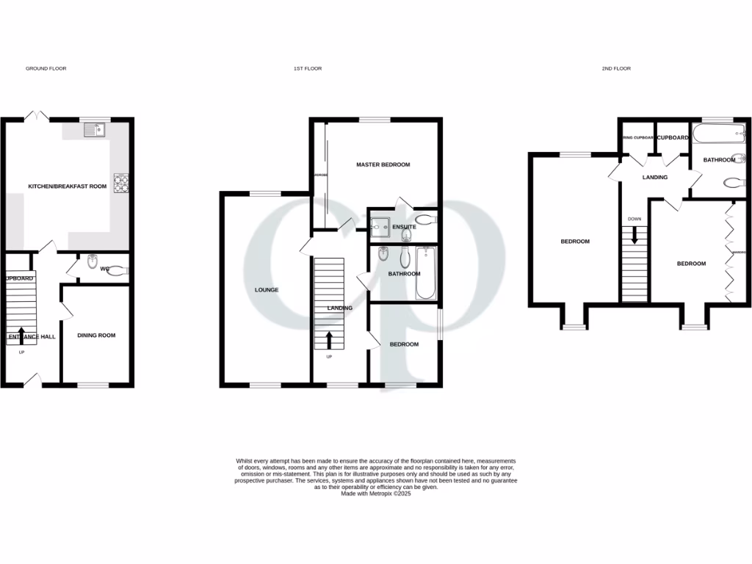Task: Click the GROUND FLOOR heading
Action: (46, 68)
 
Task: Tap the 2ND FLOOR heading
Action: (616, 68)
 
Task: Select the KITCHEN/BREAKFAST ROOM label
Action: (68, 187)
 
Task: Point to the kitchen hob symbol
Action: (120, 182)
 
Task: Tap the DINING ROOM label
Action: (97, 336)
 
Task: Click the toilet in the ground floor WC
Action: (118, 270)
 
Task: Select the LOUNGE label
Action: (267, 290)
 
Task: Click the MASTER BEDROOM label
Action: (383, 164)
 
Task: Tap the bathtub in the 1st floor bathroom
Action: (427, 273)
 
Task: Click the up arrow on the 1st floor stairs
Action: (328, 340)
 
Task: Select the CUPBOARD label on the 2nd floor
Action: (673, 138)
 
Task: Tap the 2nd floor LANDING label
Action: (654, 177)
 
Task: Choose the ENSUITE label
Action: (404, 227)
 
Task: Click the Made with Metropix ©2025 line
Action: (376, 494)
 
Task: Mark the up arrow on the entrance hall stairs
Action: (21, 335)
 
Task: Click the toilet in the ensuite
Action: (424, 218)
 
